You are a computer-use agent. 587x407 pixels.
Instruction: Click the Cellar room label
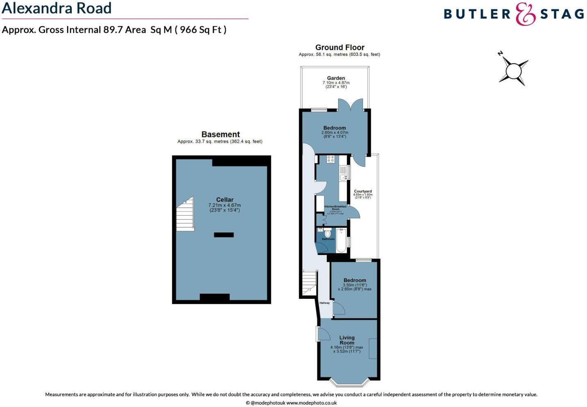coord(224,200)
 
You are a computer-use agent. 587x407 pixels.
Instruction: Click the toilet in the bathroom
coord(327,233)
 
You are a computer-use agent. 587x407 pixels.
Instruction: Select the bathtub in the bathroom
coord(341,241)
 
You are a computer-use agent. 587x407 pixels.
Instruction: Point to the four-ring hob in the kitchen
coord(330,159)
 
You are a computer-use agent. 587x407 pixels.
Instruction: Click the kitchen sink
coord(343,177)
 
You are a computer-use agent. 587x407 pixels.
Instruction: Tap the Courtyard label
coord(363,191)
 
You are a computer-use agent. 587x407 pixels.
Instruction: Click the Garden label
coord(336,78)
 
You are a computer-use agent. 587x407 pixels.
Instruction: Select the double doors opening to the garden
coord(350,105)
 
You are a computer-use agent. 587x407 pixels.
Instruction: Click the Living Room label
coord(347,340)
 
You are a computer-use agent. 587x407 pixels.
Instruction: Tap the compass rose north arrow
coord(501,54)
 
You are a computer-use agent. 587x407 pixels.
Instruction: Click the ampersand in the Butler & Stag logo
coord(525,14)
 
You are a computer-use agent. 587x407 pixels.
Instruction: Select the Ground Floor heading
coord(340,48)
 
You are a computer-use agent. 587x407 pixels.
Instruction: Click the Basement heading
coord(220,134)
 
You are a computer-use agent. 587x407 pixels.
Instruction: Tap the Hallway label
coord(324,303)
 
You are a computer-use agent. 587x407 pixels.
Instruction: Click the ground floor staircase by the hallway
coord(310,283)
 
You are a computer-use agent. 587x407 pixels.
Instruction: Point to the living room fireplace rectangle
coord(373,349)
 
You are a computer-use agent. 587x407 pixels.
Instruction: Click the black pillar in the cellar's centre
coord(224,235)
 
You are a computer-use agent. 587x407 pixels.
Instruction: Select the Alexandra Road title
coord(57,8)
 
